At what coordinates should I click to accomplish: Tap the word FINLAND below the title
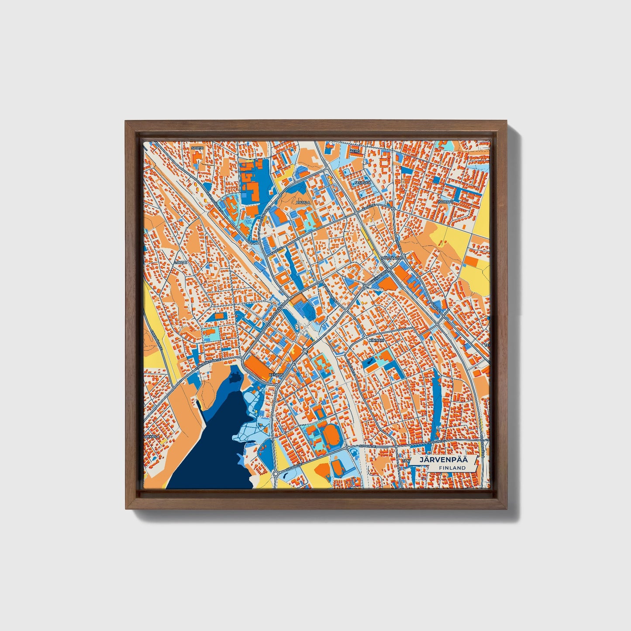452,468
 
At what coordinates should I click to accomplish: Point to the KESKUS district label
276,375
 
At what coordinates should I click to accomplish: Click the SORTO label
197,148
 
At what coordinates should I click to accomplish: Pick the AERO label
355,151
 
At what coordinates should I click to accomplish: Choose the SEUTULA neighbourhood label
362,183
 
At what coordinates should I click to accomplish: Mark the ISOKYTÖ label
446,202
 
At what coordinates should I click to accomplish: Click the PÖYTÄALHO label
390,258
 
